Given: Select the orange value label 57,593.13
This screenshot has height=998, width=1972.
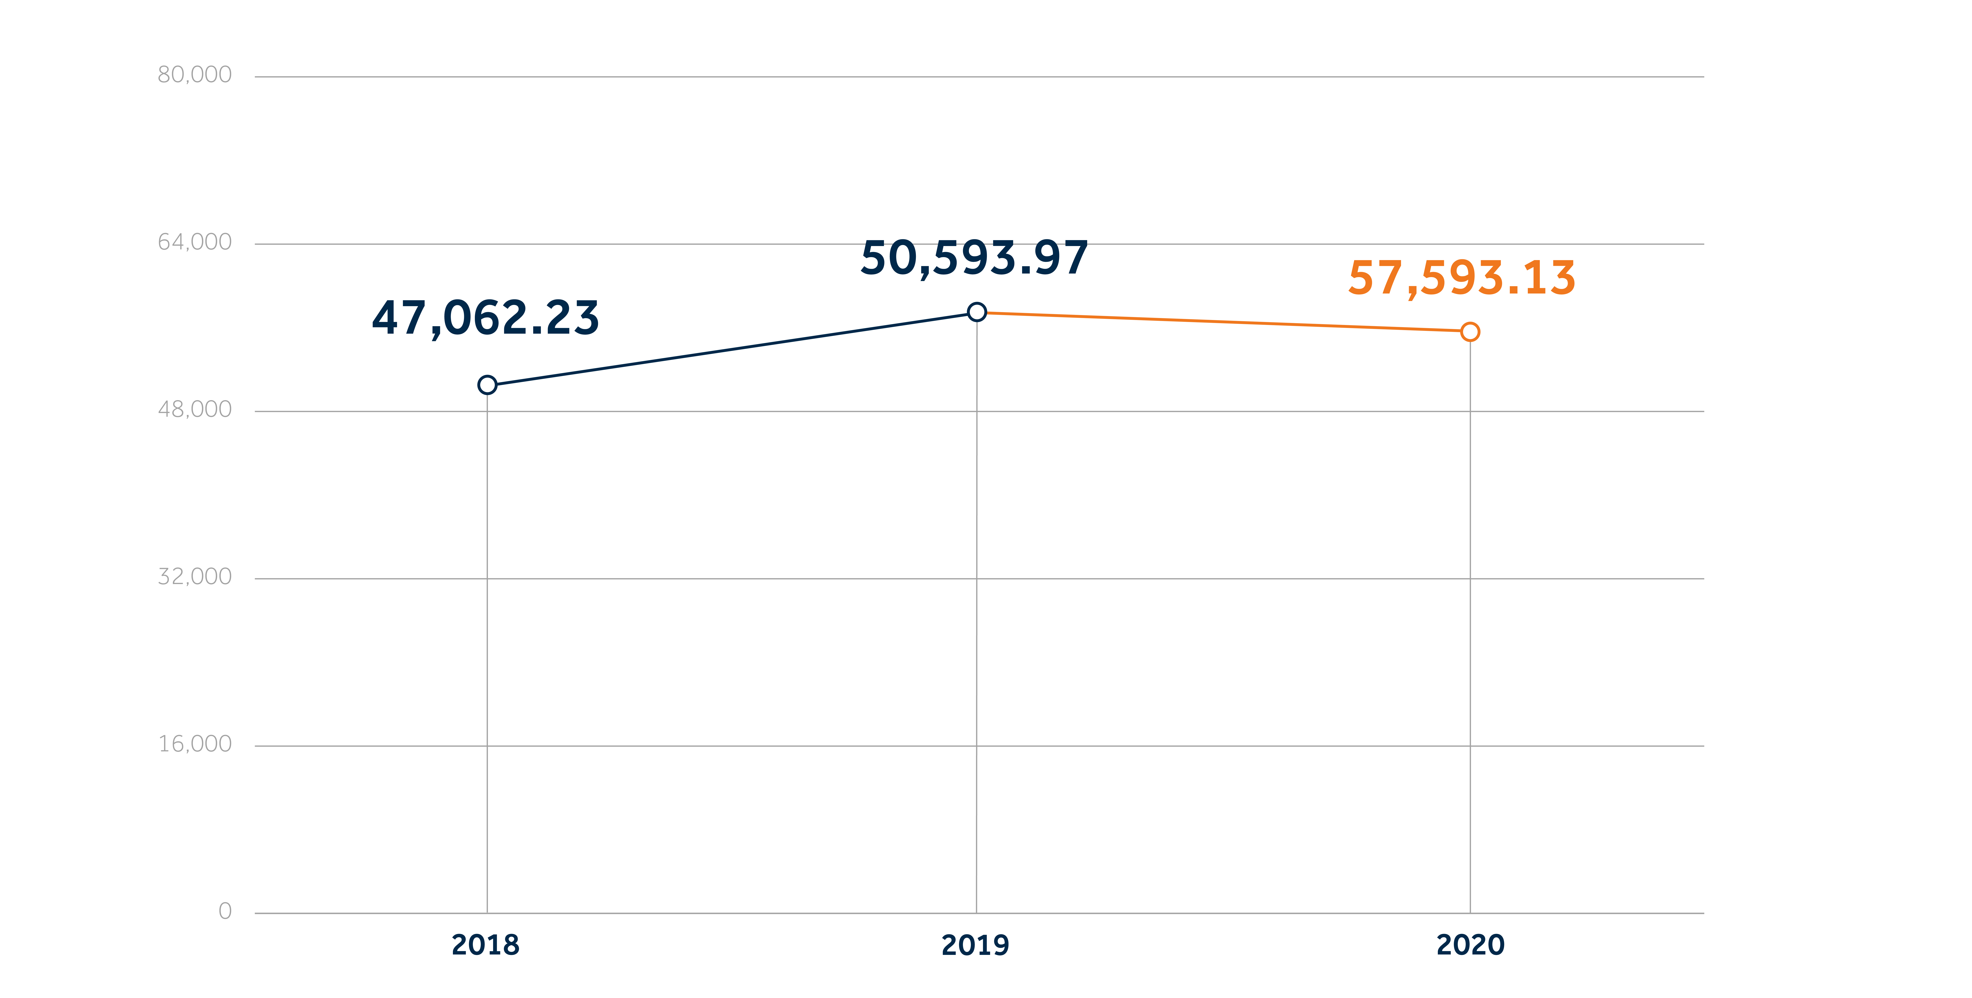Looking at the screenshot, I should tap(1461, 278).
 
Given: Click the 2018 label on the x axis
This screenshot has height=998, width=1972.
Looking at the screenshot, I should tap(485, 945).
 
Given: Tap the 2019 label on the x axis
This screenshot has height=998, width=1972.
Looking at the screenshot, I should tap(975, 945).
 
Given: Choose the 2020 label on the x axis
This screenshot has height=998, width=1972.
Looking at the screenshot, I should tap(1470, 945).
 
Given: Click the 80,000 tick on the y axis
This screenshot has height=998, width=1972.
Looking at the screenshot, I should tap(194, 75).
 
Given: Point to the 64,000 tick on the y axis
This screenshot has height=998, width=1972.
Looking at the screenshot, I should tap(194, 243).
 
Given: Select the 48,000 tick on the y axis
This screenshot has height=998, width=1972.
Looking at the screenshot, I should tap(194, 409).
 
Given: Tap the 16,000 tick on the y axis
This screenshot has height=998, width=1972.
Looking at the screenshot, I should tap(194, 744).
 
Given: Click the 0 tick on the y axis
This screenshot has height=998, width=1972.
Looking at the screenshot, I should tap(225, 912).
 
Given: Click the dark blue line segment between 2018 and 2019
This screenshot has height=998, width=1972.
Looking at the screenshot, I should tap(732, 349).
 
